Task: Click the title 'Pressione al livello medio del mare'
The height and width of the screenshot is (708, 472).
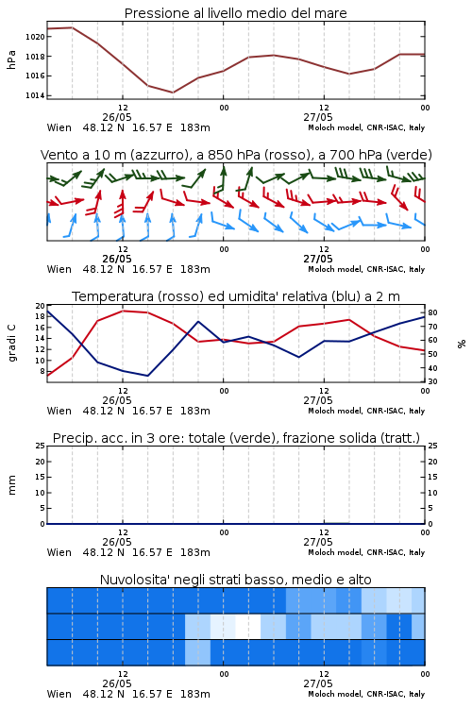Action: [235, 13]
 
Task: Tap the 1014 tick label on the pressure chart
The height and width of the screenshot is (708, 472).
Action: [36, 95]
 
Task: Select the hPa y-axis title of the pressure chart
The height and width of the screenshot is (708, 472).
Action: [11, 59]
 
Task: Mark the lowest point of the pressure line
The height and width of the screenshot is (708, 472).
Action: [173, 93]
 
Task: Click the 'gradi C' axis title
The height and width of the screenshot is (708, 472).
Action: [12, 344]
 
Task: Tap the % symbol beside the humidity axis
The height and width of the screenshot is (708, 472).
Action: [462, 344]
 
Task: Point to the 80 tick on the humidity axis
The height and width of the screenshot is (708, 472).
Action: [432, 312]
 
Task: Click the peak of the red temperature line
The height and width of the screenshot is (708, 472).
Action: [123, 311]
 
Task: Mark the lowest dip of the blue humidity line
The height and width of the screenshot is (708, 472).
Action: [147, 376]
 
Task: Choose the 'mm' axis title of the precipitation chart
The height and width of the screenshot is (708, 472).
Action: [12, 485]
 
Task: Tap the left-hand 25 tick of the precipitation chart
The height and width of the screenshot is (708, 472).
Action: [41, 446]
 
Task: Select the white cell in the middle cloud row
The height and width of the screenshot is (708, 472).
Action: [248, 626]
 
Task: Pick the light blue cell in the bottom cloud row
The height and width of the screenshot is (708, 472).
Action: [198, 652]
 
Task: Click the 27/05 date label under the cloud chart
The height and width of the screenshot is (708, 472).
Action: [318, 683]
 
